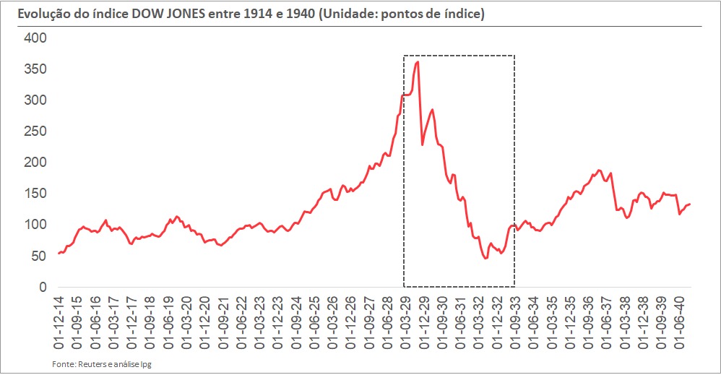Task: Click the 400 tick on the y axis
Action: tap(34, 38)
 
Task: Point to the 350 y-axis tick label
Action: tap(34, 69)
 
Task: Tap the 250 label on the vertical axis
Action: tap(34, 132)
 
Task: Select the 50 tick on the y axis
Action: tap(38, 257)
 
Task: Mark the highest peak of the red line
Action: tap(418, 62)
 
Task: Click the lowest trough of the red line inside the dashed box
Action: tap(485, 258)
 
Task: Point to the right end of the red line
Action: tap(690, 204)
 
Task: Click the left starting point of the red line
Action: tap(59, 253)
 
